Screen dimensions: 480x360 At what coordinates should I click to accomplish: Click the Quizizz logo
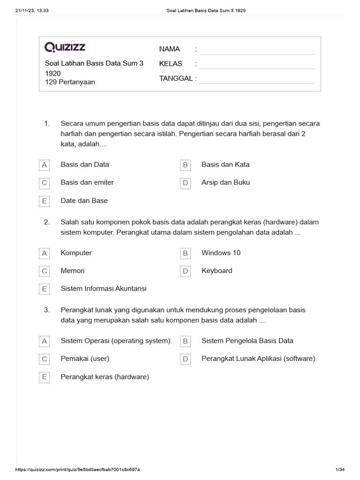click(65, 47)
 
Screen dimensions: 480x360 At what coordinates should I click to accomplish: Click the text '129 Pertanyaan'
click(70, 82)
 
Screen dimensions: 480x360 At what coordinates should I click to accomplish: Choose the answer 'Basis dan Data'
click(85, 165)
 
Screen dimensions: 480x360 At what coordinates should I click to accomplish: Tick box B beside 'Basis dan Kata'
click(185, 165)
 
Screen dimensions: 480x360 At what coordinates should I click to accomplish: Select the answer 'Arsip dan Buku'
click(225, 182)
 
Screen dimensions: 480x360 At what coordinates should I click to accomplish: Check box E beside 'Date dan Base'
click(45, 201)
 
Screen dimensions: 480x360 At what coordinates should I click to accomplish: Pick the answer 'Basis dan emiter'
click(87, 182)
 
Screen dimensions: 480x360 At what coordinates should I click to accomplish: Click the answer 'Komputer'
click(76, 253)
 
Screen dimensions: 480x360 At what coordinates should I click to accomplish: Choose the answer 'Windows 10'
click(221, 253)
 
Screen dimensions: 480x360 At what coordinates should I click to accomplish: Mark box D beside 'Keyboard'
click(185, 271)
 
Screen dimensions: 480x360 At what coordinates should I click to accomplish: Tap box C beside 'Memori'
click(45, 271)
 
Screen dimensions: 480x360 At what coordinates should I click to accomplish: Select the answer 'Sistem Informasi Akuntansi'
click(104, 289)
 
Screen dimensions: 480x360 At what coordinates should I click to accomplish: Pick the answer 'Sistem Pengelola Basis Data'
click(247, 341)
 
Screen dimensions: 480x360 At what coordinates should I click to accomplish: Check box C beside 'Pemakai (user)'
click(45, 359)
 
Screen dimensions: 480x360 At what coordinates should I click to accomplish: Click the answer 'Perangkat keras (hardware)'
click(105, 377)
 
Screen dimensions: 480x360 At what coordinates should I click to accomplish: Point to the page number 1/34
click(340, 470)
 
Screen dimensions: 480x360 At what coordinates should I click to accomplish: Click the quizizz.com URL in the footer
click(78, 470)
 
